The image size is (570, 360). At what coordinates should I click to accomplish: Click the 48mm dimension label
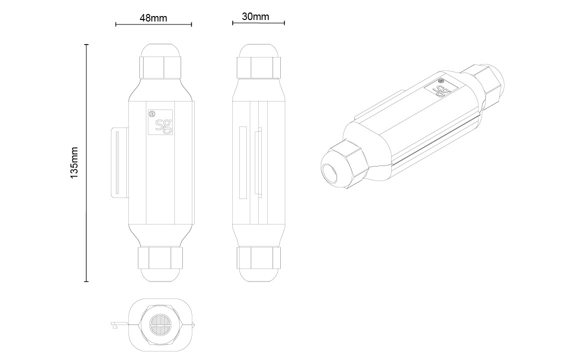coord(153,18)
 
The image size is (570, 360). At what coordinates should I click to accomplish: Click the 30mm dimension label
coord(256,16)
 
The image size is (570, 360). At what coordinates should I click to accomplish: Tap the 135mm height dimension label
coord(74,162)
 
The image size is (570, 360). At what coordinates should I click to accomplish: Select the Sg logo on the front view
coord(161,122)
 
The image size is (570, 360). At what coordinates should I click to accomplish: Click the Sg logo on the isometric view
coord(441,89)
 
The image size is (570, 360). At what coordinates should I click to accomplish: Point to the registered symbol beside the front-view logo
coord(151,113)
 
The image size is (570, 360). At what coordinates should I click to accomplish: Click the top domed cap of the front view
coord(160,50)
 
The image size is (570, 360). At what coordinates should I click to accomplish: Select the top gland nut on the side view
coord(259,67)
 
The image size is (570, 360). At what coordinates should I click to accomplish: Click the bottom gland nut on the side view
coord(259,257)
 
